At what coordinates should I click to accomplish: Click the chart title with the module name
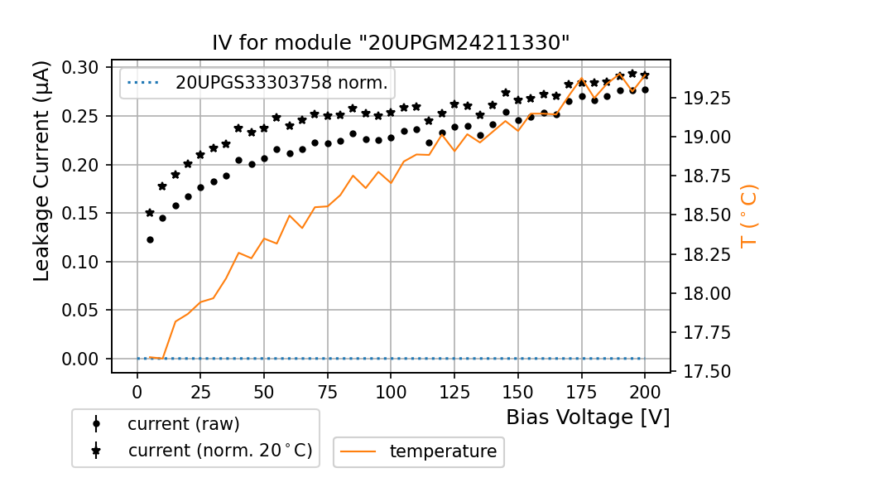pos(391,43)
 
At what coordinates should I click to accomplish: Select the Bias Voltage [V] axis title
pos(588,417)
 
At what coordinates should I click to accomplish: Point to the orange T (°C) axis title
pos(747,216)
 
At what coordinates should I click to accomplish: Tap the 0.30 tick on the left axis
pos(82,68)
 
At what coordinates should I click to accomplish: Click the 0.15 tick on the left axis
pos(82,214)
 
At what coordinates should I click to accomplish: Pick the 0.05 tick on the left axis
pos(82,311)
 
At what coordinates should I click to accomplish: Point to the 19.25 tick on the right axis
pos(706,99)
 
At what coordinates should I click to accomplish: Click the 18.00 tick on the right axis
pos(706,294)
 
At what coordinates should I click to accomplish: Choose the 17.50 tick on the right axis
pos(706,372)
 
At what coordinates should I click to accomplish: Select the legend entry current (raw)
pos(183,424)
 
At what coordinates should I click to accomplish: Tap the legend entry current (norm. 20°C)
pos(219,451)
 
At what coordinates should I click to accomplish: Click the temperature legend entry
pos(443,451)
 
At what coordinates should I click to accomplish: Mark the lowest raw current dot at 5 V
pos(150,239)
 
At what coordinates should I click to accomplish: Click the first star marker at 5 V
pos(150,213)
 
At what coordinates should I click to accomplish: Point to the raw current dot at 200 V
pos(645,89)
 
